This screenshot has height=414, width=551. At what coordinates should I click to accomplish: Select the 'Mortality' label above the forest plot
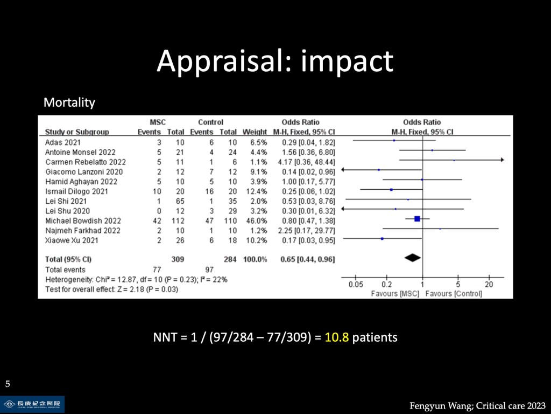click(69, 102)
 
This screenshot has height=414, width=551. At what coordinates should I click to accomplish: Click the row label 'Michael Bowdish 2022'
click(83, 220)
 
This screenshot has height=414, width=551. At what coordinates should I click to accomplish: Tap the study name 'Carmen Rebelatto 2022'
click(86, 162)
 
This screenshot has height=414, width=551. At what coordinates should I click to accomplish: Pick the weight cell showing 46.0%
click(255, 220)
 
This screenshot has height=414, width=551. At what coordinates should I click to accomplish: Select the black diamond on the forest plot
click(412, 258)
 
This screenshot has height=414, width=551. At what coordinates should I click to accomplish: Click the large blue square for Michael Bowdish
click(417, 218)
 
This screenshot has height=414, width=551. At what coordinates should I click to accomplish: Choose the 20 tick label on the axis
click(489, 285)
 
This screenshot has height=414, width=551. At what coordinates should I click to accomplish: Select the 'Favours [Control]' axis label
click(454, 294)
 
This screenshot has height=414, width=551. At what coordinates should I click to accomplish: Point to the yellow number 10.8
click(337, 338)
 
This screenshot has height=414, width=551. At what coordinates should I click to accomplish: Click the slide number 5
click(8, 384)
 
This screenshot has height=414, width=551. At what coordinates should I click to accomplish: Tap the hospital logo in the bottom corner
click(32, 404)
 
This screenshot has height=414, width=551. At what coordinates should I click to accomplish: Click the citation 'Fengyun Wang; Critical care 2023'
click(477, 405)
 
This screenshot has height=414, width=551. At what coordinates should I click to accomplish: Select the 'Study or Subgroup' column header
click(77, 132)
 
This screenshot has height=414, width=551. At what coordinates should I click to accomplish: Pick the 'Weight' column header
click(255, 132)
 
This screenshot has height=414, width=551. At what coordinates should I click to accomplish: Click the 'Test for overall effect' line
click(111, 289)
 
